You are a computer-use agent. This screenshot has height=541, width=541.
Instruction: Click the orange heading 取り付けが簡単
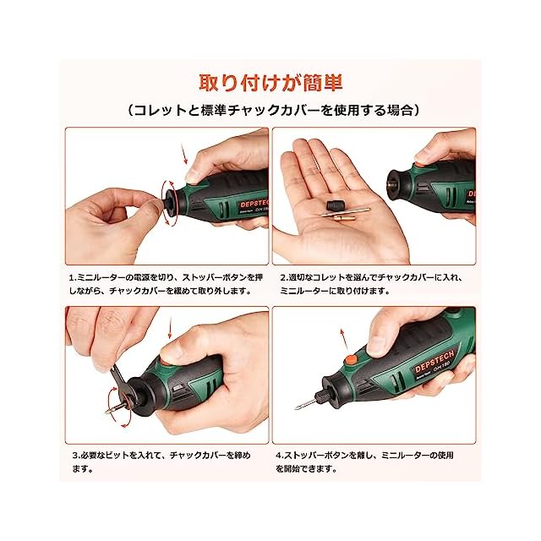pyautogui.click(x=270, y=83)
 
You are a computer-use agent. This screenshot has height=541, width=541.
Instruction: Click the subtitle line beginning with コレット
pyautogui.click(x=274, y=111)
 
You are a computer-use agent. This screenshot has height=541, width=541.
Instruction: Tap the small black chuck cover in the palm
pyautogui.click(x=334, y=205)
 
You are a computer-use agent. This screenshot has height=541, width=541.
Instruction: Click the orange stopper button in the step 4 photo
pyautogui.click(x=352, y=360)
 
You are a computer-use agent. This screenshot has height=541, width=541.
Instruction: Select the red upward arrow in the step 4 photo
pyautogui.click(x=343, y=340)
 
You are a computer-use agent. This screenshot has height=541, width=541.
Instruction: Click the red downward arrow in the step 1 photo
pyautogui.click(x=184, y=154)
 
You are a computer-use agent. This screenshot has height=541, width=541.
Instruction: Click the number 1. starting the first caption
pyautogui.click(x=72, y=278)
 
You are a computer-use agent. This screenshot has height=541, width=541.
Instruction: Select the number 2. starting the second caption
pyautogui.click(x=284, y=278)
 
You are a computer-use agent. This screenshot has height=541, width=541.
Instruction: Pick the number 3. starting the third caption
pyautogui.click(x=75, y=456)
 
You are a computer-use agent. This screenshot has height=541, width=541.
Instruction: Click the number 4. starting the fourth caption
pyautogui.click(x=279, y=456)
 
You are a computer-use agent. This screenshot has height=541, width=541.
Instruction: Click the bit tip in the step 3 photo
pyautogui.click(x=107, y=412)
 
